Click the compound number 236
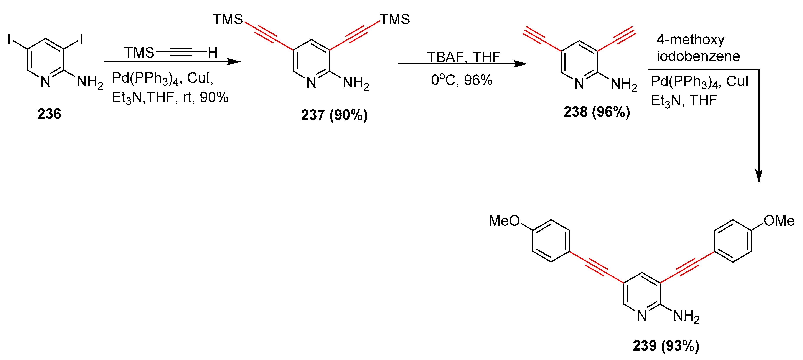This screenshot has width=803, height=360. [49, 114]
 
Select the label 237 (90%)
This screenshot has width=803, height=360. [334, 115]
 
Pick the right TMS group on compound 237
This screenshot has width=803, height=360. [395, 20]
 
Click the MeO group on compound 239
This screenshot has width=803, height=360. [504, 221]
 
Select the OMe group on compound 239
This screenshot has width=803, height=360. [779, 221]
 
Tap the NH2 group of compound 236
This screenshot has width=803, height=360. [90, 82]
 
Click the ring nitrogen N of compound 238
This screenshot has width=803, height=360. [579, 84]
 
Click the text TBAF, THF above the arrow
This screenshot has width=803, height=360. [463, 57]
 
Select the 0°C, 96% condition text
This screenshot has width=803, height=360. [462, 81]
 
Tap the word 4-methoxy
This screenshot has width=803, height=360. [690, 40]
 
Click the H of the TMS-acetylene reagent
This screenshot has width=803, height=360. [213, 53]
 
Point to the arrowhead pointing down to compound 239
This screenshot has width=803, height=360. [759, 176]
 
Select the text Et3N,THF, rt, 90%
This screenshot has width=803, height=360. [170, 98]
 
